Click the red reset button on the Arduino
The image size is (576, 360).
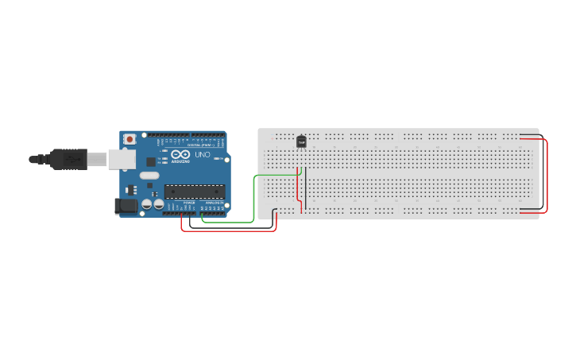[x=130, y=139]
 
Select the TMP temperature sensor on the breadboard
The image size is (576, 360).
[x=301, y=141]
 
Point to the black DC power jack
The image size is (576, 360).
[x=125, y=206]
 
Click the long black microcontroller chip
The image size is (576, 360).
[x=195, y=191]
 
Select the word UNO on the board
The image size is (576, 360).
[x=203, y=155]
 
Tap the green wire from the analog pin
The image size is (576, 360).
[x=253, y=199]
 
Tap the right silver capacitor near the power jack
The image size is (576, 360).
[x=159, y=205]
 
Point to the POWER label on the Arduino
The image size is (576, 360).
[x=188, y=203]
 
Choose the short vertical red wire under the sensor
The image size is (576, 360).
[x=297, y=187]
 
